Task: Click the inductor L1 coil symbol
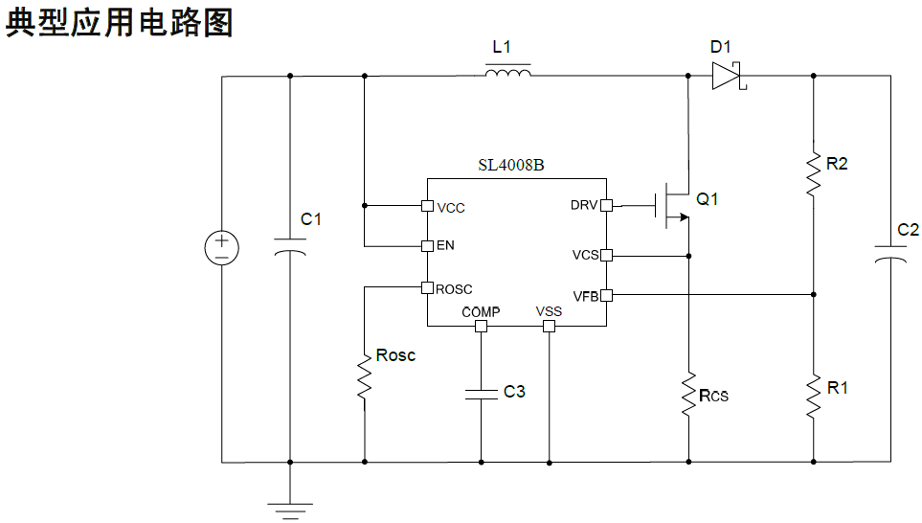click(x=507, y=73)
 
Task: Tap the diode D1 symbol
click(x=727, y=76)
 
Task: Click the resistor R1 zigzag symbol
click(x=813, y=397)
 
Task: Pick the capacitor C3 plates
click(x=481, y=393)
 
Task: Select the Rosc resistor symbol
click(x=365, y=377)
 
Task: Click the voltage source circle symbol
click(x=222, y=248)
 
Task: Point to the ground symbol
click(x=290, y=508)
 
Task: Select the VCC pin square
click(x=427, y=205)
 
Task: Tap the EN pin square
click(x=427, y=245)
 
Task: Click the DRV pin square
click(x=607, y=205)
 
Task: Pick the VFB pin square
click(x=607, y=295)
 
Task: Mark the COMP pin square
click(x=481, y=326)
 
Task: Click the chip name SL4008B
click(x=511, y=165)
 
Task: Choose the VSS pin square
click(x=549, y=326)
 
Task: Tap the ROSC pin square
click(x=427, y=286)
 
